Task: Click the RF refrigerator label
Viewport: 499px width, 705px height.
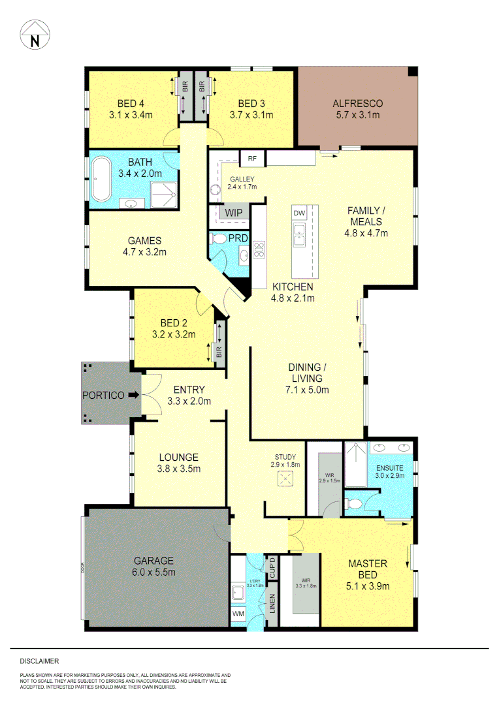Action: (251, 157)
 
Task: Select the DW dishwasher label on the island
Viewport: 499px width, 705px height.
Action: (299, 213)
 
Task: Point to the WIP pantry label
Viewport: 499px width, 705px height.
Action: (233, 213)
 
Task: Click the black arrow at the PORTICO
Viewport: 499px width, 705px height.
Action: (133, 395)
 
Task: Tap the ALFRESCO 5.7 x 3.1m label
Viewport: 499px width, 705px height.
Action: (357, 109)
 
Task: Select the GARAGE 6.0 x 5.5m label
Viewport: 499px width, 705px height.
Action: (154, 566)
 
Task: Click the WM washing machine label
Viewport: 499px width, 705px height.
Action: (238, 614)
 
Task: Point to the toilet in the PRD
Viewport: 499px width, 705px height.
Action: (220, 239)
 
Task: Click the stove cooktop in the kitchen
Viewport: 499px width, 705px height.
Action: (259, 248)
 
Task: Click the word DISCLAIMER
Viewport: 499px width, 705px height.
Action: (39, 661)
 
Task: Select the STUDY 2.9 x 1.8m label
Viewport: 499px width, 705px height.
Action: (285, 461)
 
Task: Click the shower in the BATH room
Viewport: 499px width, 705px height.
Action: (163, 195)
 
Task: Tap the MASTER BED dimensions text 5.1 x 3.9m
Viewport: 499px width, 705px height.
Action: (368, 586)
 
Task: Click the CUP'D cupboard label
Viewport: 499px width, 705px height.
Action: (273, 568)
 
